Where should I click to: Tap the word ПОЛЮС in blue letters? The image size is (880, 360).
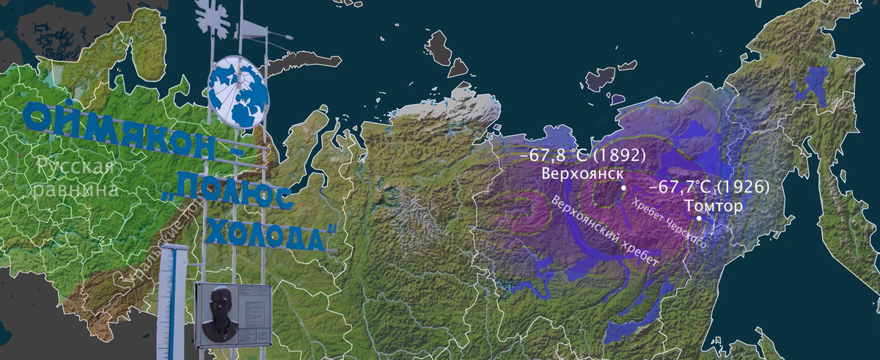(238, 194)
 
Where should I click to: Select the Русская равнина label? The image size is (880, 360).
(77, 178)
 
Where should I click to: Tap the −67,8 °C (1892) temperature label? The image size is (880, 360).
(583, 156)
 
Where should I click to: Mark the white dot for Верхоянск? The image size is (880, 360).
(623, 188)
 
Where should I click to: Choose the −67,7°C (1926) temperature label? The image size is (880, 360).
(708, 187)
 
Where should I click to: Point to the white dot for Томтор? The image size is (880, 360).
(699, 218)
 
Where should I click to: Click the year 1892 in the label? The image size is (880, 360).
(622, 156)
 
